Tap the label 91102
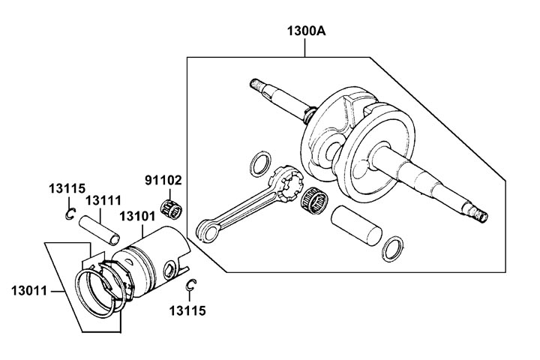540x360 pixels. (x=163, y=181)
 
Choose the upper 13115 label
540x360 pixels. (x=67, y=187)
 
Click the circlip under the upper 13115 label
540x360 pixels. (x=69, y=214)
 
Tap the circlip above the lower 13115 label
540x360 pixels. (x=192, y=285)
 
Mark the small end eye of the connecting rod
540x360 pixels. (x=203, y=229)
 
